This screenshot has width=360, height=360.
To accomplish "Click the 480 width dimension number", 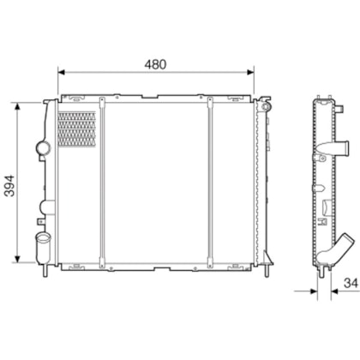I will tap(154, 64).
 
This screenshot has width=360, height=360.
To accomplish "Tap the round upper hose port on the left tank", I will tap(41, 150).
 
